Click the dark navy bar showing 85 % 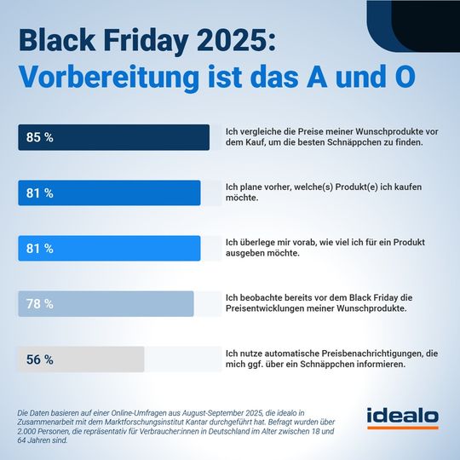click(113, 137)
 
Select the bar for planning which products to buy click(109, 193)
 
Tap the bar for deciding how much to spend click(109, 248)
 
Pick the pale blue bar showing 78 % click(106, 303)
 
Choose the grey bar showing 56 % click(81, 359)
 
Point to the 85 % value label click(39, 137)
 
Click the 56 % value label click(39, 359)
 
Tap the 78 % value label click(39, 304)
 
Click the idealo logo click(402, 417)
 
